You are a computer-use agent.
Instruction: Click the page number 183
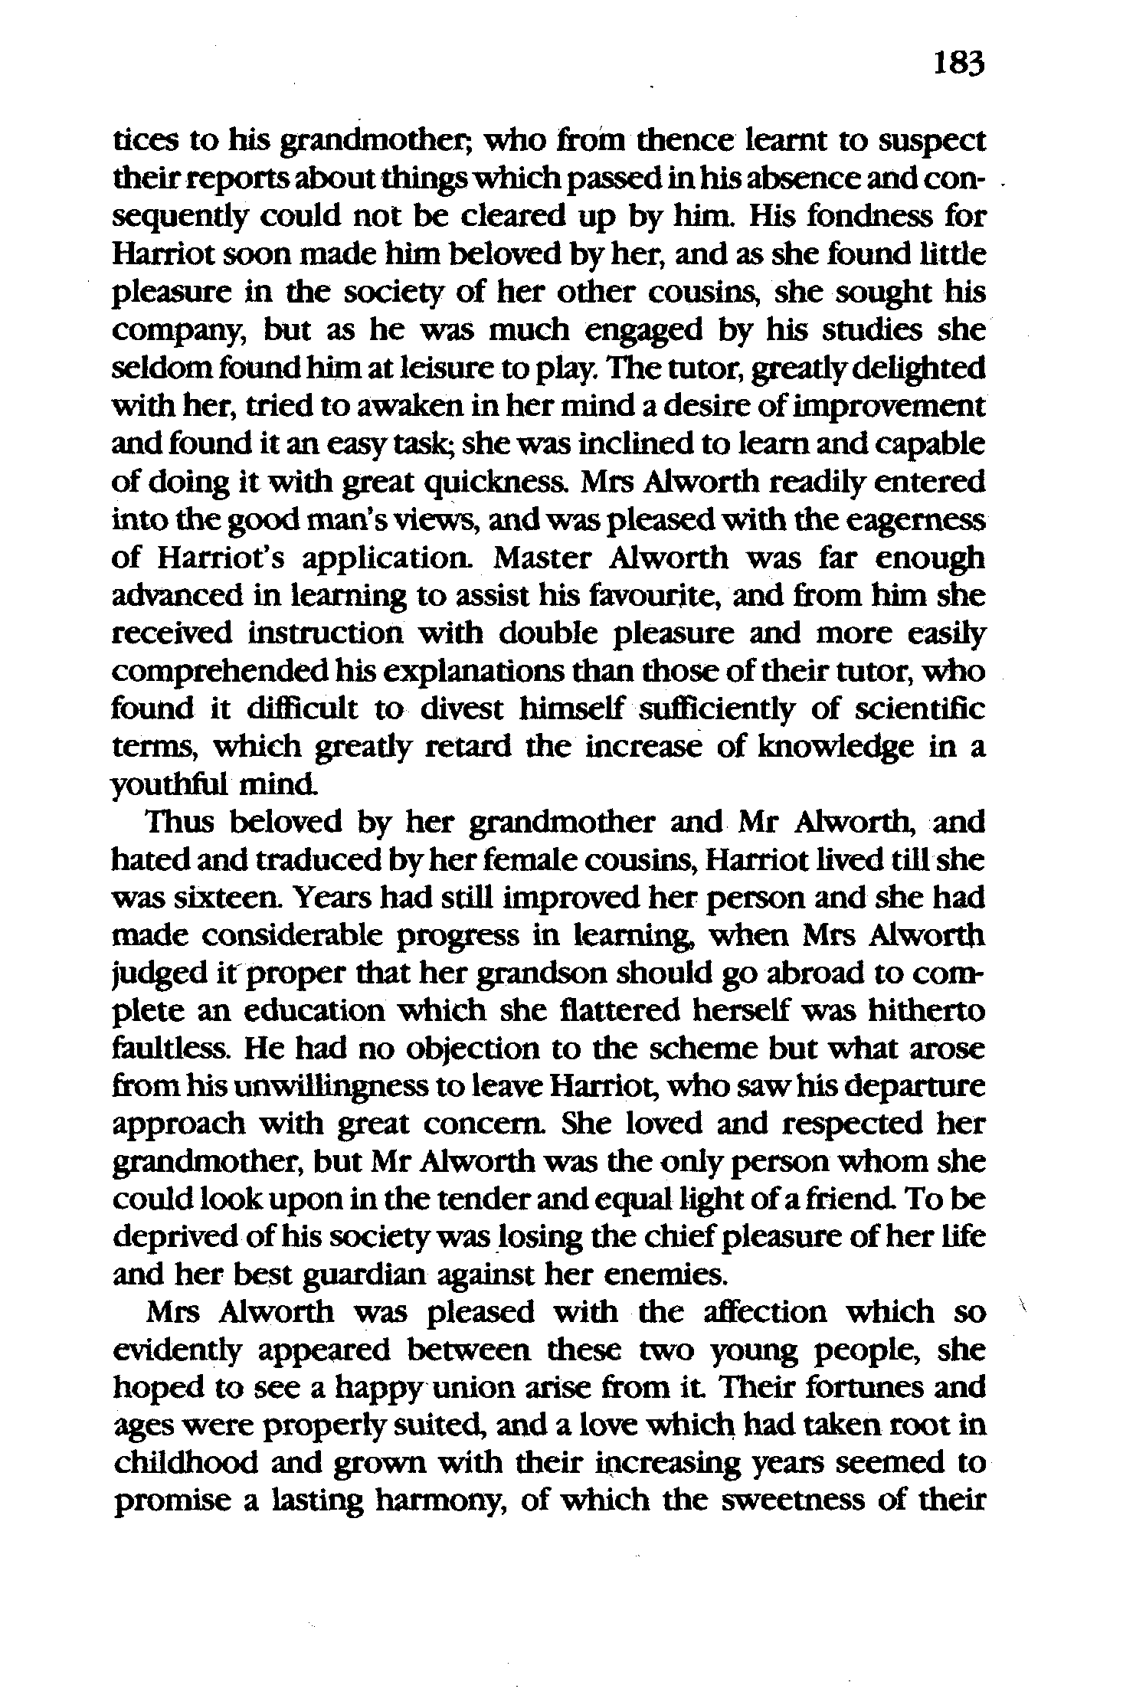point(958,64)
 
